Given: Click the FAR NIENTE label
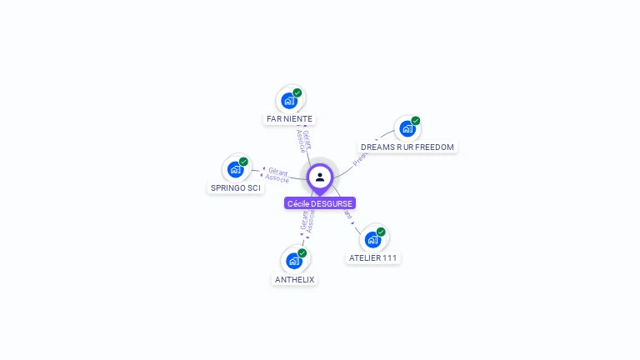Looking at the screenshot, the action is coord(289,119).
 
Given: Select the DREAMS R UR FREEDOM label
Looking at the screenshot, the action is coord(407,147).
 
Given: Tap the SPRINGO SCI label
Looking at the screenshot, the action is coord(236,188).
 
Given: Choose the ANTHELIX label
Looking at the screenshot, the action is coord(294,280).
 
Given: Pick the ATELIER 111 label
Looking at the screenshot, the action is coord(372,258).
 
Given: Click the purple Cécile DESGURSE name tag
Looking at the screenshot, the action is coord(320,203).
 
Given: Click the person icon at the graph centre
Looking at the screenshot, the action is coord(320,177).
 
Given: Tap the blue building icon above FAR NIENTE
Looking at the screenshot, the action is coord(289,101).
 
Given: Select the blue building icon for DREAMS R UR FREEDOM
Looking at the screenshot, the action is coord(407,128).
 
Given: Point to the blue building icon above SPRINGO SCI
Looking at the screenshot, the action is coord(235,169).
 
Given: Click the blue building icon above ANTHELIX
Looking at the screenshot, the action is coord(293,261).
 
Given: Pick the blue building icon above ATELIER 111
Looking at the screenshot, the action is coord(372,240).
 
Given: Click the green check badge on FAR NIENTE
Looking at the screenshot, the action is coord(297,93).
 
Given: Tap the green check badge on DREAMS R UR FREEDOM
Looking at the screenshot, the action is coord(416,121).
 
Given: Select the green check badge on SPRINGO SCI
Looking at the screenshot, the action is coord(243,162).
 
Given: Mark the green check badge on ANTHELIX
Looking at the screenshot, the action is coord(302,253).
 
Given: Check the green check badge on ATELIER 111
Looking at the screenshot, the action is coord(381,232).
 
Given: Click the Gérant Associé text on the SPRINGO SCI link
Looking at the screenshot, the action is coord(277,175).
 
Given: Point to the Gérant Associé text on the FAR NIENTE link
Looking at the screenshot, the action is coord(303,140).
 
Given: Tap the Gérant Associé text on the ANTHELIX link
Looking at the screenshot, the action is coord(307,221).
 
